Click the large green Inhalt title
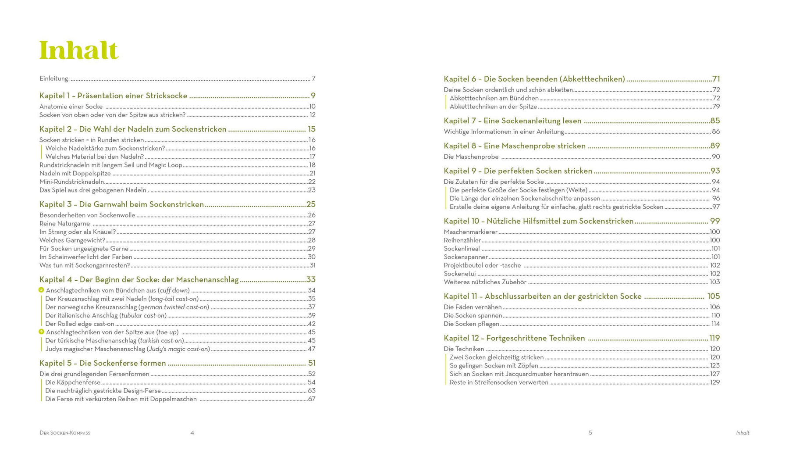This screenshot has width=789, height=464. click(x=79, y=50)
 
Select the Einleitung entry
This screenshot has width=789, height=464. click(x=54, y=79)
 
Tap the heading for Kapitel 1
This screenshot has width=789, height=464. click(x=113, y=96)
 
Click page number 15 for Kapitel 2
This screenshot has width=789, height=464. click(x=312, y=129)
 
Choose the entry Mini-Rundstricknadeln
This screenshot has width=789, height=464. click(x=72, y=182)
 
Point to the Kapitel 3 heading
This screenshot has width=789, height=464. click(x=121, y=204)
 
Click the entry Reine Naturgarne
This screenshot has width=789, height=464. click(x=64, y=224)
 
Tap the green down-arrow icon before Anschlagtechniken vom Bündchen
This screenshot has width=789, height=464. click(x=41, y=290)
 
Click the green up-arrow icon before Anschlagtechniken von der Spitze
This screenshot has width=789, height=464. click(x=41, y=332)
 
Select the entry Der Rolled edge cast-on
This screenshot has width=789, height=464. click(x=80, y=324)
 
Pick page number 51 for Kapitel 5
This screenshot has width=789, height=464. click(x=312, y=363)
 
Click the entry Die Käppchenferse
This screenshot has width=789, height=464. click(x=73, y=382)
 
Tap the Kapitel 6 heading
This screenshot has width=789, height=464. click(x=534, y=79)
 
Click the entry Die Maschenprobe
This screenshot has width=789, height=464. click(x=471, y=157)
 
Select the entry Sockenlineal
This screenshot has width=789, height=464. click(x=462, y=249)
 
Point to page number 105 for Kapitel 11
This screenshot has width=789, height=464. click(x=714, y=296)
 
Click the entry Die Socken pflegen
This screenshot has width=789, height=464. click(x=471, y=324)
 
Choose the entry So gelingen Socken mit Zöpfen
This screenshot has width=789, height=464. click(x=494, y=366)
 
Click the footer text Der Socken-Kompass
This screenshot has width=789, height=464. click(x=65, y=433)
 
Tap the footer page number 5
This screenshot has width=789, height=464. click(x=590, y=433)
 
